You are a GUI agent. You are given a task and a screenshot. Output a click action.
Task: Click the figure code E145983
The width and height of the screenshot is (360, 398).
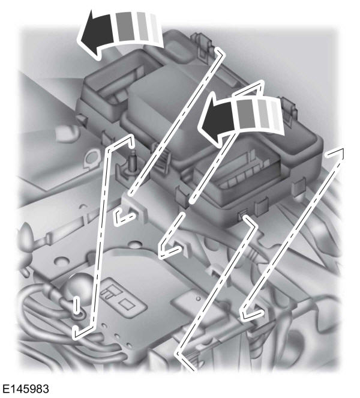click(25, 389)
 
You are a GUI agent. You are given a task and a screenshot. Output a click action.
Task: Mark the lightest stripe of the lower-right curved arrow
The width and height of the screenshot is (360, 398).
click(276, 115)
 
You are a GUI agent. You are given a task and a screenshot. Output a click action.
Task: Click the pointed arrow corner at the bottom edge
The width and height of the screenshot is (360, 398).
click(178, 353)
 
